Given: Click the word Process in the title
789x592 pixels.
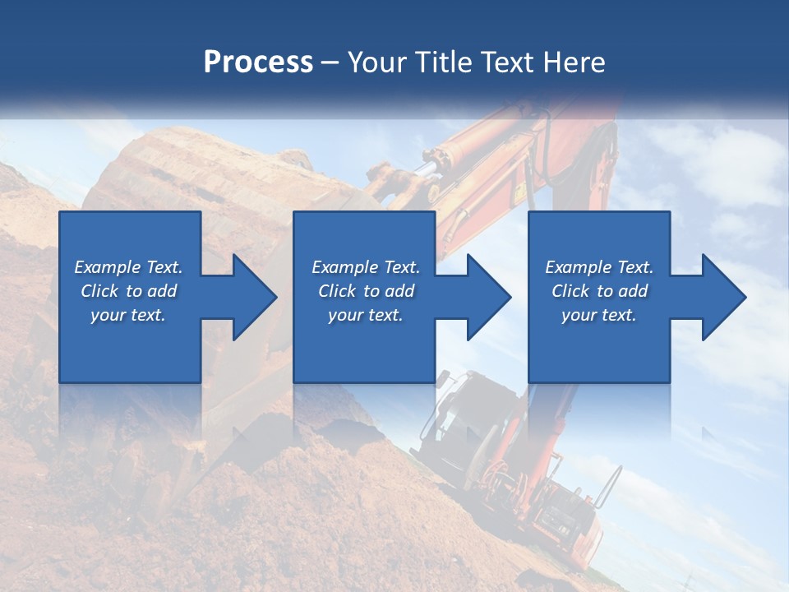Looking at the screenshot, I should pos(258,62).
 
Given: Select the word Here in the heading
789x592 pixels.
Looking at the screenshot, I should pos(575,62).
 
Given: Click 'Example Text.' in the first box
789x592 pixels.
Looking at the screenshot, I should pos(128,267).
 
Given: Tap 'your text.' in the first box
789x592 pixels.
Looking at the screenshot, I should pos(128,315).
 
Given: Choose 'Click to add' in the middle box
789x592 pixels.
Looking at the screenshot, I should pos(366,291).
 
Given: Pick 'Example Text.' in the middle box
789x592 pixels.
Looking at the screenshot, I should pos(366,267).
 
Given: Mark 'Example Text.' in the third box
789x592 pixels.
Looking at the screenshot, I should pos(599,267).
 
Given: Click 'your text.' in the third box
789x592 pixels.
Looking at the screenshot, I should pos(599,315).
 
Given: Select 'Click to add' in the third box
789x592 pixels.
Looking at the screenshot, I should pos(599,291).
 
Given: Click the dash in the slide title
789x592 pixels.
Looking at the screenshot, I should pos(330,62).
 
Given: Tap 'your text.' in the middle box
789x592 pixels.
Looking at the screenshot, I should pos(366,315).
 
